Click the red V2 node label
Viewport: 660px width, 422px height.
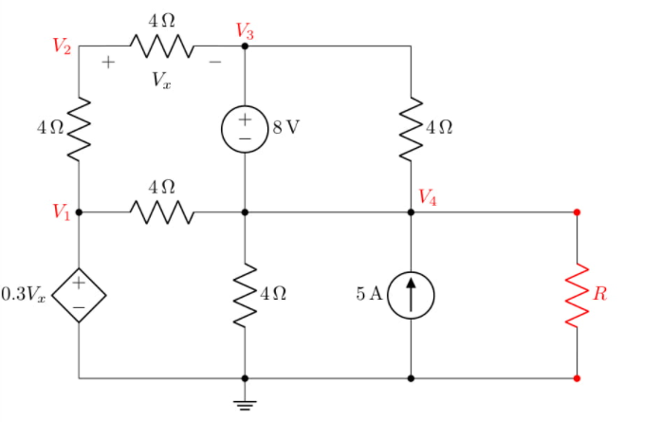point(62,46)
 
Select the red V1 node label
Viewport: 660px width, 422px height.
point(62,211)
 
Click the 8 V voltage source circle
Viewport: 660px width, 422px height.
point(245,129)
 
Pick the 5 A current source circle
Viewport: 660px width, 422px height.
point(411,295)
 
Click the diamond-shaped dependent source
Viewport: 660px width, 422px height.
point(79,295)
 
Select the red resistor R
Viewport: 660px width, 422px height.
point(577,295)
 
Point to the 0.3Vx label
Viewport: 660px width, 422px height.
point(24,295)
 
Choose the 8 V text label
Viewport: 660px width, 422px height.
point(285,129)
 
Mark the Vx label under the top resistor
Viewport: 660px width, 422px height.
point(161,81)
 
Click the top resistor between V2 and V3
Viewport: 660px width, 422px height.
point(161,46)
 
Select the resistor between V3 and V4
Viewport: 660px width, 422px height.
point(411,129)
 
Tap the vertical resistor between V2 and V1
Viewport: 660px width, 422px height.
point(79,129)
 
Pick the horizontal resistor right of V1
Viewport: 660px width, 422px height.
point(161,212)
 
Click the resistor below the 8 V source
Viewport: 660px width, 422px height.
point(245,295)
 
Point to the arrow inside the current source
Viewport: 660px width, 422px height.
point(411,294)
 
